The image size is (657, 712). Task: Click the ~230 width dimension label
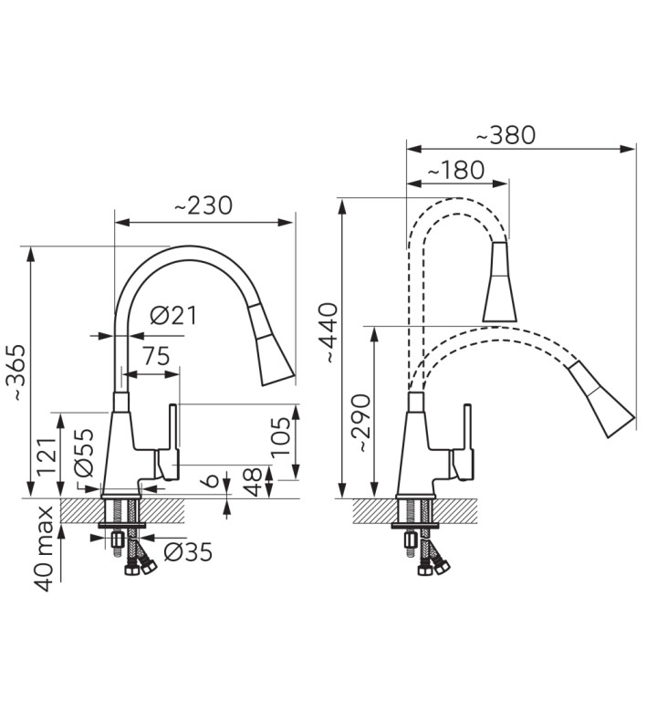[x=203, y=205]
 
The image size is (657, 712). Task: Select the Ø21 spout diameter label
[x=173, y=315]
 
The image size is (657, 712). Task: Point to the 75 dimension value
[x=156, y=356]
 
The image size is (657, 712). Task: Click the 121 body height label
[x=47, y=456]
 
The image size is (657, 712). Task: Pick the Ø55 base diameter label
[x=83, y=453]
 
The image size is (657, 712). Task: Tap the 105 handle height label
[x=280, y=437]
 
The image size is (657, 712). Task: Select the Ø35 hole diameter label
[x=188, y=551]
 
